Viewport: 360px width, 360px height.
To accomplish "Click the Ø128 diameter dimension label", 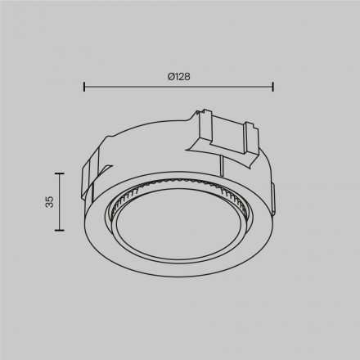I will pyautogui.click(x=178, y=76).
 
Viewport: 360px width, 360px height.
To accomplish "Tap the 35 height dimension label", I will pyautogui.click(x=49, y=201).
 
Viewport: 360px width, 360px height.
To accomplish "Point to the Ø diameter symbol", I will pyautogui.click(x=169, y=76).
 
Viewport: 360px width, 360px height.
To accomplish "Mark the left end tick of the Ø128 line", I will pyautogui.click(x=85, y=85).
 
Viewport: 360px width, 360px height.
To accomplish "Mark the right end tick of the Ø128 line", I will pyautogui.click(x=272, y=85).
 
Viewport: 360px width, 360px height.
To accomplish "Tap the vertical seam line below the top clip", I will pyautogui.click(x=220, y=164).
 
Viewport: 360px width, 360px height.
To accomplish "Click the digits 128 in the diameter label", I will pyautogui.click(x=182, y=76).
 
